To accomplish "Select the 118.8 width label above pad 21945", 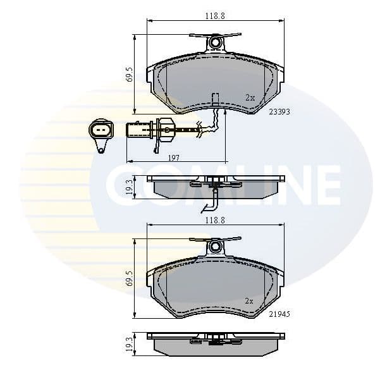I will [x=214, y=219].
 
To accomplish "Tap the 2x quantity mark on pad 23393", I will [x=250, y=97].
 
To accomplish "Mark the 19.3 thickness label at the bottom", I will [x=130, y=344].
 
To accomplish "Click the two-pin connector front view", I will [x=101, y=132].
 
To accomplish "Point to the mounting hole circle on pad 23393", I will [x=216, y=43].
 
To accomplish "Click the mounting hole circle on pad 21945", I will [x=216, y=246].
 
